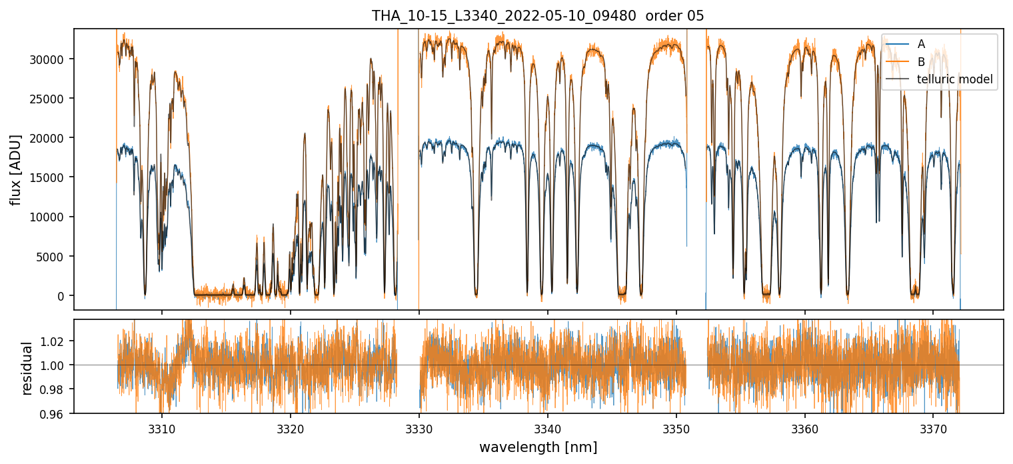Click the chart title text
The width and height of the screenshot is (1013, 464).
coord(538,16)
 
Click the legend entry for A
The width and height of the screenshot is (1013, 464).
coord(921,44)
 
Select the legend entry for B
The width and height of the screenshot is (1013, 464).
coord(921,62)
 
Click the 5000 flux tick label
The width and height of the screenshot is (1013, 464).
coord(54,257)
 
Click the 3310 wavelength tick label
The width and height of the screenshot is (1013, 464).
coord(161,427)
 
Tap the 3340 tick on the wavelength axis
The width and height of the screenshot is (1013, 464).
coord(547,427)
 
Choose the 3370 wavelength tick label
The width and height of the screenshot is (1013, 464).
coord(933,427)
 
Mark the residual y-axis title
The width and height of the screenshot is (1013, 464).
coord(27,367)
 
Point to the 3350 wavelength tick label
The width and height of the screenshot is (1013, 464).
coord(676,427)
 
